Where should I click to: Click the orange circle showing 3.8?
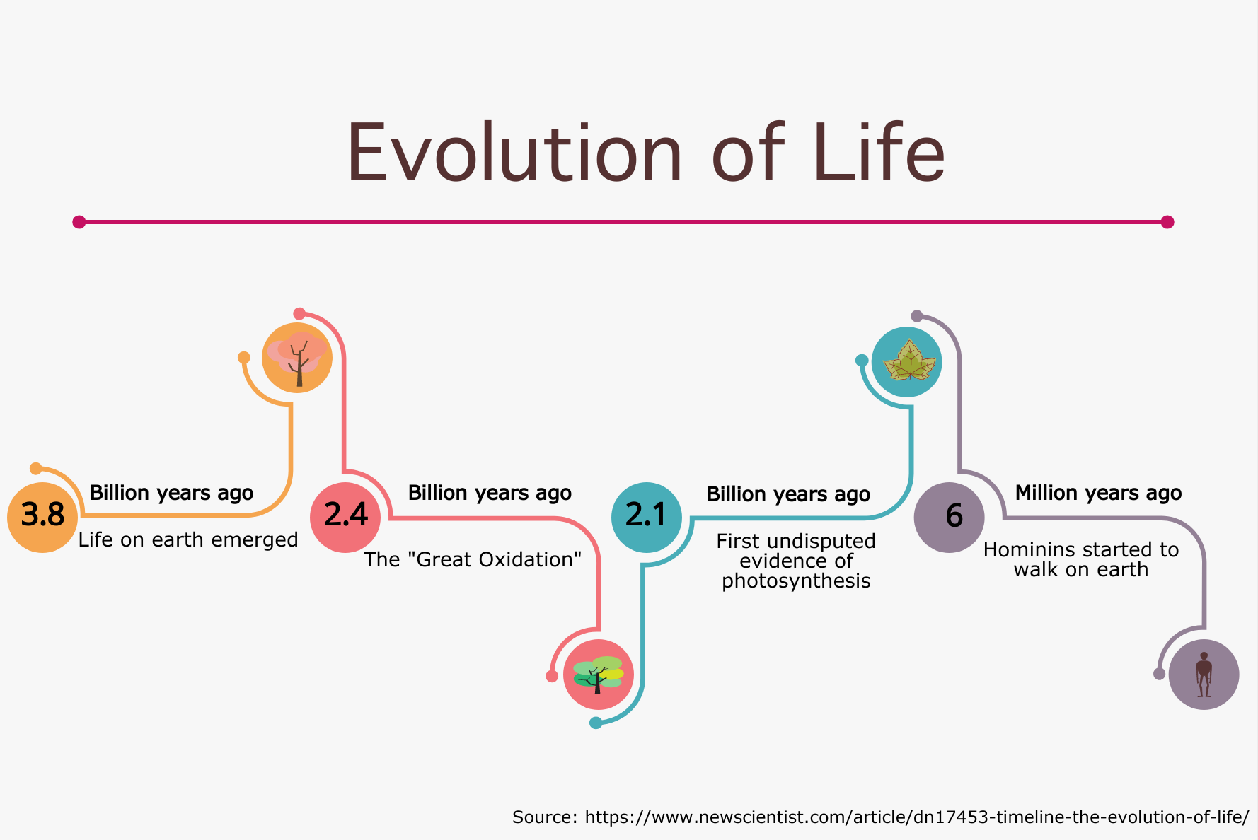[x=42, y=517]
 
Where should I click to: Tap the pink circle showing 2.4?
[x=345, y=517]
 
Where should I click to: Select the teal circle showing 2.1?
[x=647, y=517]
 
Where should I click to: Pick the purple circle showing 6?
[x=950, y=517]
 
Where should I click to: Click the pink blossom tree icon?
[x=297, y=358]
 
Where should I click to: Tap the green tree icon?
[x=599, y=675]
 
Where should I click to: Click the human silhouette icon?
[x=1204, y=675]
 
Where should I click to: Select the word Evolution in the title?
[x=514, y=153]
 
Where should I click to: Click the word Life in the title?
[x=879, y=152]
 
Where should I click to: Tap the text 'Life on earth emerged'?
[x=188, y=540]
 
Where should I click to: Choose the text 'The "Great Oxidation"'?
[x=473, y=560]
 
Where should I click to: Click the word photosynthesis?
[x=796, y=581]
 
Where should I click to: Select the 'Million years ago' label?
[x=1098, y=493]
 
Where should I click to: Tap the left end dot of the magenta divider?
[x=79, y=222]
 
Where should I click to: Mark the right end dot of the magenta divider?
[x=1167, y=222]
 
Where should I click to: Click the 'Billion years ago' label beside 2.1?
[x=788, y=494]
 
